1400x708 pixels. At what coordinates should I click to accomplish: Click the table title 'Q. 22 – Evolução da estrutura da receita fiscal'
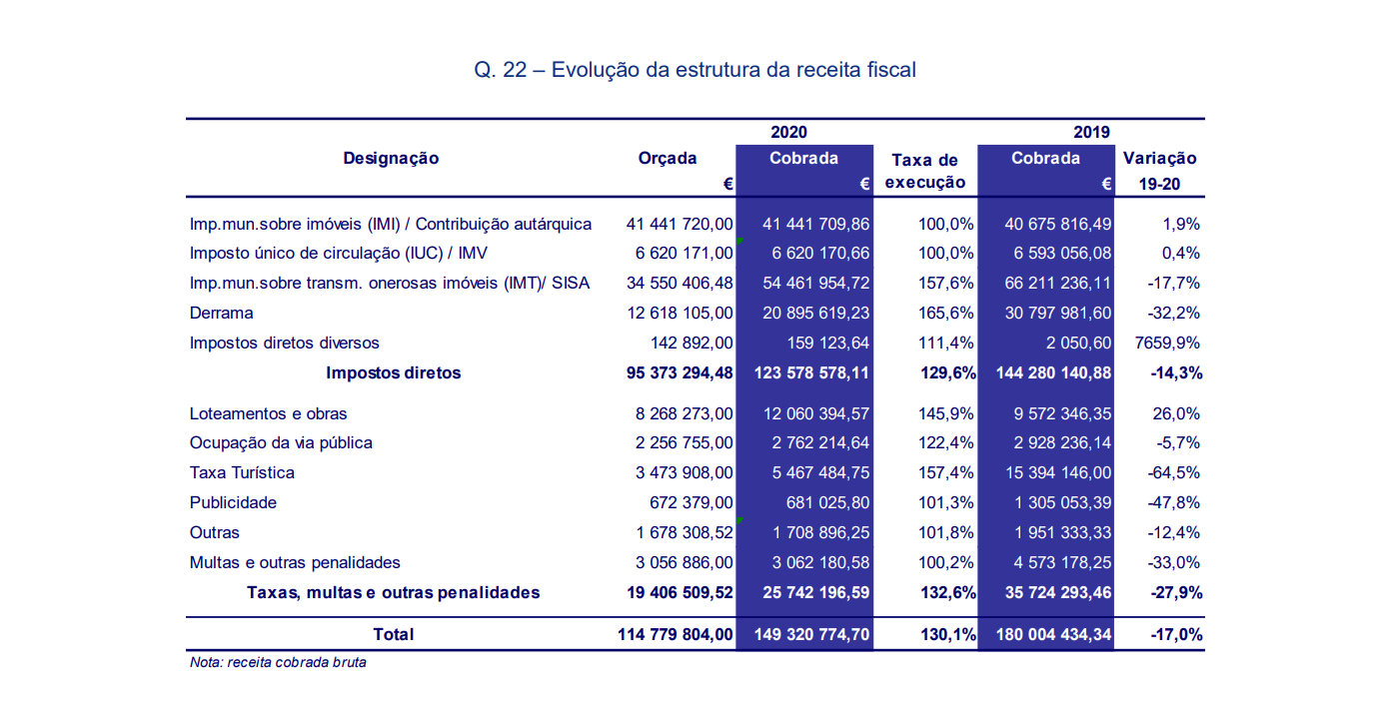coord(695,69)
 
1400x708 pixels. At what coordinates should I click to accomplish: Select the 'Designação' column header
coord(392,158)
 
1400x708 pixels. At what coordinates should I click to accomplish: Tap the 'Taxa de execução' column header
coord(925,171)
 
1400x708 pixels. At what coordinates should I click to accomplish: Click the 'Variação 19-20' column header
coord(1159,171)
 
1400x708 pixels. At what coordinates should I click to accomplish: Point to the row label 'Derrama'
coord(221,313)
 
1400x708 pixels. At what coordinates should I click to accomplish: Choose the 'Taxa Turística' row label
coord(242,472)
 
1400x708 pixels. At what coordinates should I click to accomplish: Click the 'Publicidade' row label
coord(233,502)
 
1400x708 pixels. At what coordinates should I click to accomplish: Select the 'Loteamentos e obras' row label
coord(268,413)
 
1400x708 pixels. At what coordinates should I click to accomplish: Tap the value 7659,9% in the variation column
coord(1167,343)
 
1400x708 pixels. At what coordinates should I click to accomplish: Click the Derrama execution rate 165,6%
coord(945,313)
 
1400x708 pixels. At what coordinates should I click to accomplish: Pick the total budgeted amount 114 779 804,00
coord(675,634)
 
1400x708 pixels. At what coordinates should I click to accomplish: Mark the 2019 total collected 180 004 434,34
coord(1054,634)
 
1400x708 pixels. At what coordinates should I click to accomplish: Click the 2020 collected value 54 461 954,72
coord(815,283)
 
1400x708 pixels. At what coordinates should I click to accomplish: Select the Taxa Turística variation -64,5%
coord(1174,472)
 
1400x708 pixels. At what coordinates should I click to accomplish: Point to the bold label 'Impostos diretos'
coord(393,372)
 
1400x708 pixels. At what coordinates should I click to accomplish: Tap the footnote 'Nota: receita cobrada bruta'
coord(278,662)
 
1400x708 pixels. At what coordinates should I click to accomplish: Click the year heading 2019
coord(1091,133)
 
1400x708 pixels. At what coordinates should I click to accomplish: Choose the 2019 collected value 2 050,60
coord(1079,343)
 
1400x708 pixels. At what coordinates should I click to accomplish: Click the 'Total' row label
coord(393,634)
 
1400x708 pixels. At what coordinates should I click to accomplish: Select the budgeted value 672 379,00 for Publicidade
coord(692,502)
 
